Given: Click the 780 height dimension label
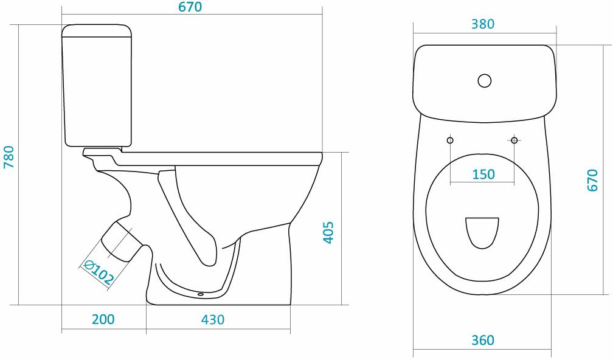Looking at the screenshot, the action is pyautogui.click(x=9, y=157).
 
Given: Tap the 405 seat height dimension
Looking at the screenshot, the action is pyautogui.click(x=328, y=232).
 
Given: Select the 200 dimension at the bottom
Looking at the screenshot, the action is pyautogui.click(x=103, y=319).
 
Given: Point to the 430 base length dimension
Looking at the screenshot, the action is pyautogui.click(x=213, y=319).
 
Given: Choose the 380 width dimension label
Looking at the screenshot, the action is pyautogui.click(x=483, y=24).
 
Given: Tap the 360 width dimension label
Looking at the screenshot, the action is pyautogui.click(x=483, y=341).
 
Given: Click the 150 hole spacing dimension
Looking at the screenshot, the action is pyautogui.click(x=483, y=175).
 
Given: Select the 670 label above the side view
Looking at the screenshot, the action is pyautogui.click(x=190, y=7).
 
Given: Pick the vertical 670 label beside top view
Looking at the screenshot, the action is pyautogui.click(x=593, y=180).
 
